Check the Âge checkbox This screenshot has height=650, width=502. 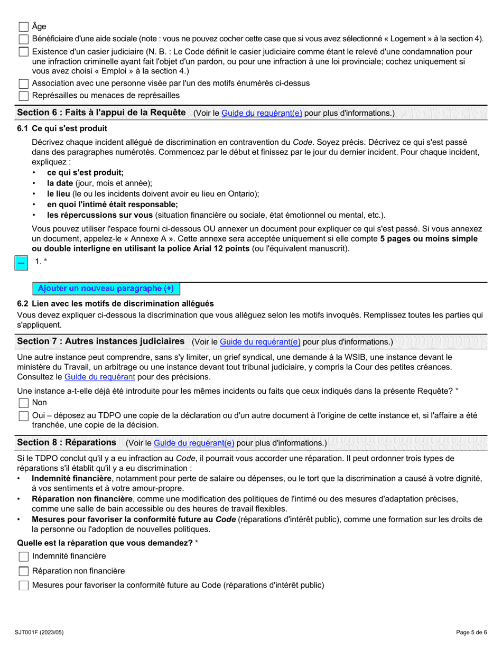pyautogui.click(x=23, y=26)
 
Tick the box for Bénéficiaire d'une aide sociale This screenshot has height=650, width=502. pyautogui.click(x=23, y=39)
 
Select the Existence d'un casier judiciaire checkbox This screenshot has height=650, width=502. pyautogui.click(x=23, y=52)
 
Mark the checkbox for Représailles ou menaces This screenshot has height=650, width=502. pyautogui.click(x=23, y=96)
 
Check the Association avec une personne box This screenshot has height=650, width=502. pyautogui.click(x=23, y=83)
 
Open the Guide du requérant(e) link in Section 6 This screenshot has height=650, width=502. pyautogui.click(x=262, y=113)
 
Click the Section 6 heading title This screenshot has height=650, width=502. pyautogui.click(x=101, y=113)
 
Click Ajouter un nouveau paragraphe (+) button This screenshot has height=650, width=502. pyautogui.click(x=106, y=289)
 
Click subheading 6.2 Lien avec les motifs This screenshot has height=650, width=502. pyautogui.click(x=115, y=303)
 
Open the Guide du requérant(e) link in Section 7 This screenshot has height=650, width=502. pyautogui.click(x=260, y=342)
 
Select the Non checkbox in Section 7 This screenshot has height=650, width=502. pyautogui.click(x=23, y=403)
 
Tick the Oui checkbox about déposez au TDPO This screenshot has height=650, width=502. pyautogui.click(x=23, y=416)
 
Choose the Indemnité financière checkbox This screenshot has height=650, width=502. pyautogui.click(x=23, y=556)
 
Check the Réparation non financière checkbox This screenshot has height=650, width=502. pyautogui.click(x=23, y=571)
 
